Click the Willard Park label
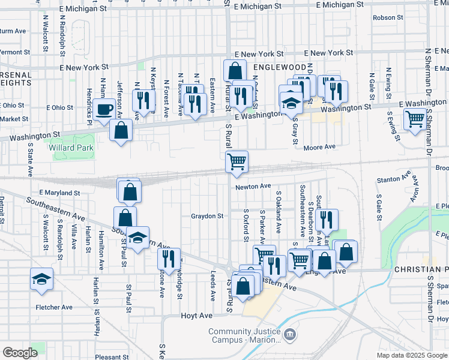coord(75,148)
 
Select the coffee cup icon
coord(105,110)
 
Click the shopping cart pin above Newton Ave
coord(237,161)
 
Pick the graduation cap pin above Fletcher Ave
coord(41,279)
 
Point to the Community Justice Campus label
coord(245,336)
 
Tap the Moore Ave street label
coord(319,148)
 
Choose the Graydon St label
coord(207,216)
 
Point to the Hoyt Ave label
coord(197,316)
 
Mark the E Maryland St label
coord(59,193)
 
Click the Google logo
coord(20,353)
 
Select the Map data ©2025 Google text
coord(412,355)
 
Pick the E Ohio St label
coord(59,108)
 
